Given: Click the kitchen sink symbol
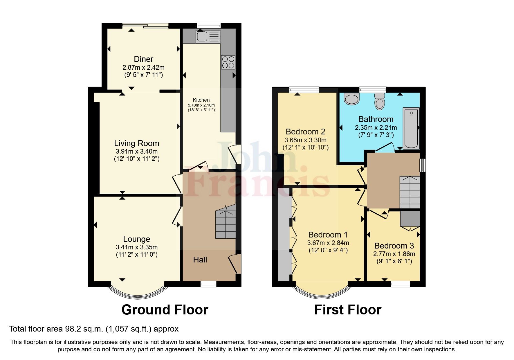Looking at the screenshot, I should (x=208, y=37).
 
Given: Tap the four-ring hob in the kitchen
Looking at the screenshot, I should (x=228, y=62).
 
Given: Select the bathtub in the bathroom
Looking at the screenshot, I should (x=411, y=128).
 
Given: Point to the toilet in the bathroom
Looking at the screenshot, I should (x=379, y=101).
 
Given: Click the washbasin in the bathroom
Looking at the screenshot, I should (x=352, y=99).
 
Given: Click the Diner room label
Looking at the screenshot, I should (x=143, y=59).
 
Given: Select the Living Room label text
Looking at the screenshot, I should (x=136, y=143).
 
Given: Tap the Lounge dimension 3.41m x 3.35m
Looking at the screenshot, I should (x=136, y=247).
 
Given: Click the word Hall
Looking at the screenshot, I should (x=200, y=260).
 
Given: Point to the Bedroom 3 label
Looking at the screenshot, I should (x=394, y=246).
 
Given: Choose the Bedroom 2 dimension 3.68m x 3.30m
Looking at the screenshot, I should (x=305, y=140).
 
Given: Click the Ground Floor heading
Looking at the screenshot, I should (x=165, y=310).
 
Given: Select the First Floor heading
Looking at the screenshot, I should (x=347, y=310).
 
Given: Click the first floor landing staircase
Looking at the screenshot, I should (x=410, y=192).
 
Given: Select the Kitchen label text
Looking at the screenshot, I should (x=201, y=100).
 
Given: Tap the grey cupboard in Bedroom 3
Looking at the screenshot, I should (x=410, y=219).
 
